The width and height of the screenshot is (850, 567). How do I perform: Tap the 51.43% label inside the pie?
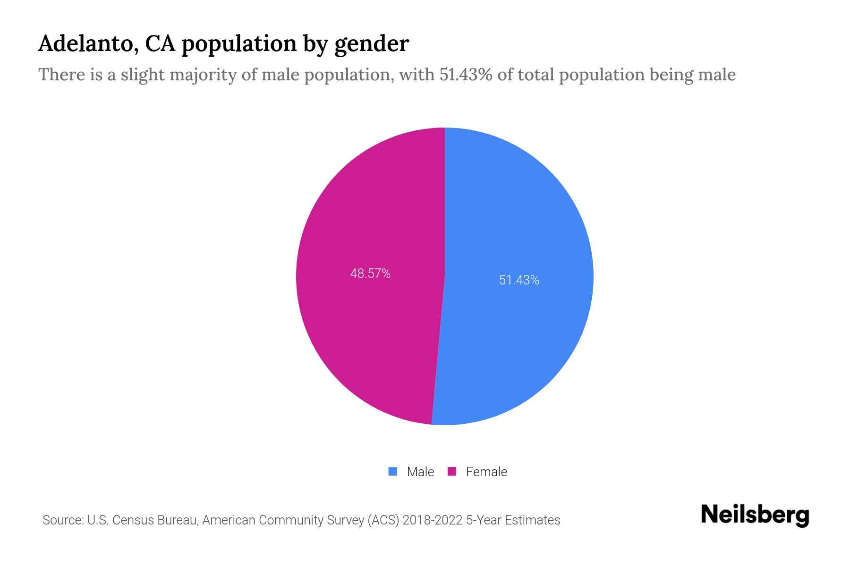click(x=519, y=280)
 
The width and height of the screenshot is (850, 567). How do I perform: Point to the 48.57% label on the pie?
click(x=370, y=274)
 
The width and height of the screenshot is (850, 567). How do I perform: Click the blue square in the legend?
click(x=393, y=472)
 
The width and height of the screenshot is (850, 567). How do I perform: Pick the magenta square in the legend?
click(x=452, y=472)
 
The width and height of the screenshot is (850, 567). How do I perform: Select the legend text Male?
click(x=420, y=472)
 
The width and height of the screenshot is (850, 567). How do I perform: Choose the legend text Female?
click(x=486, y=472)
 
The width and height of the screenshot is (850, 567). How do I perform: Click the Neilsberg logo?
click(x=755, y=515)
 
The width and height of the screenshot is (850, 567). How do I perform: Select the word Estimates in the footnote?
click(x=532, y=520)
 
